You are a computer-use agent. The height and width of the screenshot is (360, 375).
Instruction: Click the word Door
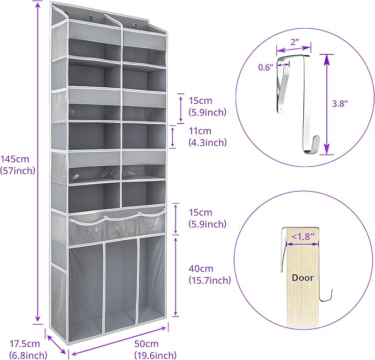click(303, 278)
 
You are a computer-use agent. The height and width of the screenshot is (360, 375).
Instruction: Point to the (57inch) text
click(18, 170)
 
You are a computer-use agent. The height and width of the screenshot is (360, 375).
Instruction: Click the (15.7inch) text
click(209, 280)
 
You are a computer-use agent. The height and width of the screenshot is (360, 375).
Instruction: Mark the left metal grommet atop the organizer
click(67, 12)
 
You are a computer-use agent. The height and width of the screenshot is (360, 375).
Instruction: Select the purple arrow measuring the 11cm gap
click(173, 136)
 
